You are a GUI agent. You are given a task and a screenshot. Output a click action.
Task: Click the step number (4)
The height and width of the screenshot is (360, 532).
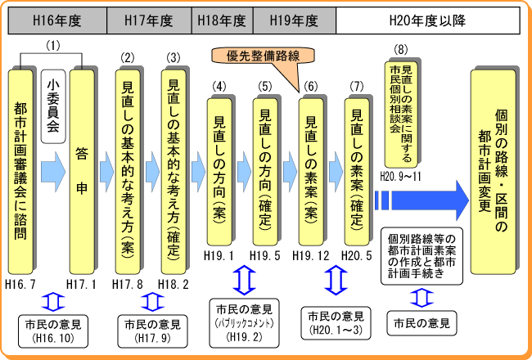coord(219,86)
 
